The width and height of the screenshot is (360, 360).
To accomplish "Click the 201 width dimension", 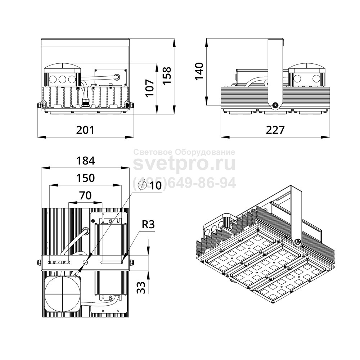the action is coord(85,130).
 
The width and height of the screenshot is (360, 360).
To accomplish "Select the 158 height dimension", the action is coord(167,76).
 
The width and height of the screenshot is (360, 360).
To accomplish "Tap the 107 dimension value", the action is coord(150,88).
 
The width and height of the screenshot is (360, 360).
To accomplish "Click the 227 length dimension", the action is coord(275,130).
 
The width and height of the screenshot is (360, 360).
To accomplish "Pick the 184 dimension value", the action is coord(85,161).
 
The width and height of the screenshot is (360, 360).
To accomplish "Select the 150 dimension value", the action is coord(85,178).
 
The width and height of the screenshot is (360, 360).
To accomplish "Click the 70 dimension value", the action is coord(85,195).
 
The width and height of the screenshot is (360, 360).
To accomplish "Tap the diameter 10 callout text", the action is coord(150,185).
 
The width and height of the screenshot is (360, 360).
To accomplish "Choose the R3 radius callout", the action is coord(148,225).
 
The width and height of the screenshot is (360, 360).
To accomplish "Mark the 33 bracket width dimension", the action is coord(141,287).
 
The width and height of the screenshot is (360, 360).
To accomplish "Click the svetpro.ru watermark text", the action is coord(184,164).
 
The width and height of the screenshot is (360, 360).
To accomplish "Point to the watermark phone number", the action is coord(184,183).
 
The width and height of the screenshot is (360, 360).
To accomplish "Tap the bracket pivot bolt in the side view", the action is coord(275,105).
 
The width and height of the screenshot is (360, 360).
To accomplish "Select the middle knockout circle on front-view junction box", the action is coord(62,80).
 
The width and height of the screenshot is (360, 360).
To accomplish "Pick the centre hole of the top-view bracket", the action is coord(85,262).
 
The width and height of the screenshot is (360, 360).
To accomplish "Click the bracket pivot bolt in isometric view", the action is coord(297,241).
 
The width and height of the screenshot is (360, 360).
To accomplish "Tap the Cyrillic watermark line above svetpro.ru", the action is coord(184,152).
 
